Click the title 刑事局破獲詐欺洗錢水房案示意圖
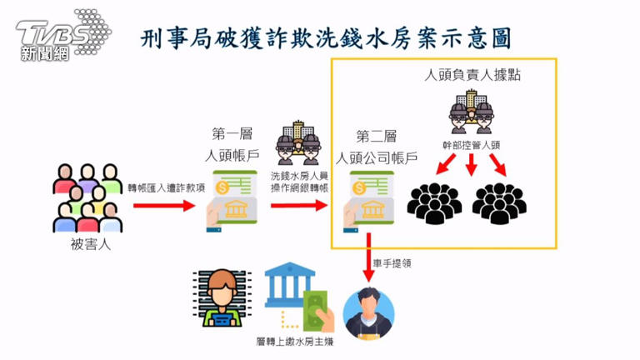tap(326, 37)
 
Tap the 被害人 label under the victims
tap(91, 246)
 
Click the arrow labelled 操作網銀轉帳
tap(298, 204)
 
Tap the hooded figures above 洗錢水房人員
tap(298, 143)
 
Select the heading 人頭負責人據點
tap(473, 75)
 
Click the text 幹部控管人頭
tap(472, 144)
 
